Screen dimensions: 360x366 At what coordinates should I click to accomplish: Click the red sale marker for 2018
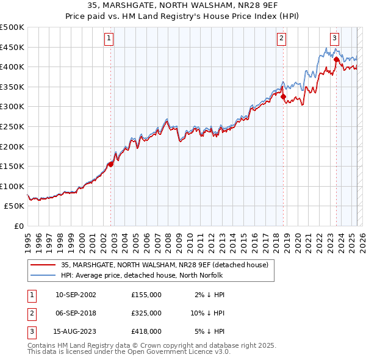284,96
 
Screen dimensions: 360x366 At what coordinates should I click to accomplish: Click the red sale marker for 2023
337,60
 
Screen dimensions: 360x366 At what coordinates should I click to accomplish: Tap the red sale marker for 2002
111,164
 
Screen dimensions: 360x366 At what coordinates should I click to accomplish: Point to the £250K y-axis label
12,126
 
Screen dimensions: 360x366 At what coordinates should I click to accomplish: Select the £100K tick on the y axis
12,186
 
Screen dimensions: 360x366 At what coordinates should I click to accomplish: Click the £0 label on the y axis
18,226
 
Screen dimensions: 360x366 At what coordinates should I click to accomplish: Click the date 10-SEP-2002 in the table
76,295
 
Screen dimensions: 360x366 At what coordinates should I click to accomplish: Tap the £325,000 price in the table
146,313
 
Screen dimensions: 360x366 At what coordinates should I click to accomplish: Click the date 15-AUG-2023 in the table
76,331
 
